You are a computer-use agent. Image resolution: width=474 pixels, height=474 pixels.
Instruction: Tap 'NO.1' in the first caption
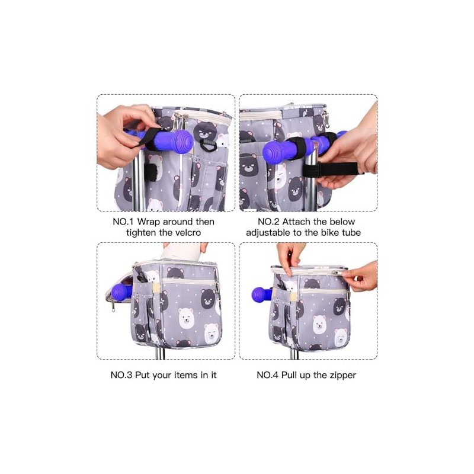click(x=123, y=222)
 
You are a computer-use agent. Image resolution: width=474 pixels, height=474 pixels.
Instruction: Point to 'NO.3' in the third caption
click(x=121, y=375)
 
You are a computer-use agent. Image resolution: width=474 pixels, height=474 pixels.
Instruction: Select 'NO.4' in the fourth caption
click(x=268, y=375)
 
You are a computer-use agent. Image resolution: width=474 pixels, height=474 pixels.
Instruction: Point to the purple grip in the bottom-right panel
click(x=262, y=294)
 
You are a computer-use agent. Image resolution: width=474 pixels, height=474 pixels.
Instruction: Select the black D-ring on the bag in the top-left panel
click(x=208, y=145)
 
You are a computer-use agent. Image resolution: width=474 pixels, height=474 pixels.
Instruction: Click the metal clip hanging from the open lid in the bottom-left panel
click(x=113, y=306)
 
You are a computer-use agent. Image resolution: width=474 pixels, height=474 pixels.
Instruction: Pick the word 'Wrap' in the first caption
click(x=149, y=222)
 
